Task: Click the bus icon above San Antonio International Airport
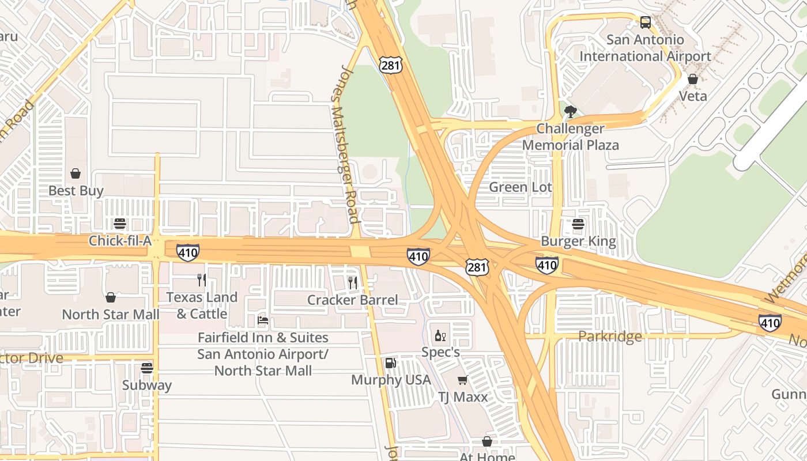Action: coord(646,22)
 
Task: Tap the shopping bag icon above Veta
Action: coord(693,79)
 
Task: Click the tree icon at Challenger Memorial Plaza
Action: coord(571,111)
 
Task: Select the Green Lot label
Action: coord(520,187)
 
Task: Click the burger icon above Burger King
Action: coord(578,224)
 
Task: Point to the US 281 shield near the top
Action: coord(390,65)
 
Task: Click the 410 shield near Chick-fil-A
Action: coord(188,252)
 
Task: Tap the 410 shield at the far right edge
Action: coord(770,323)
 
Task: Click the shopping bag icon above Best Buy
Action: coord(76,173)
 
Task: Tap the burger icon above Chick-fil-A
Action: coord(120,224)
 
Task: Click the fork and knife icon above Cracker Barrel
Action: coord(353,282)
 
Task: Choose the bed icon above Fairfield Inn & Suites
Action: coord(263,320)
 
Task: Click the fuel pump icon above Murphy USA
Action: coord(391,363)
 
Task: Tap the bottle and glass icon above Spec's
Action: coord(440,335)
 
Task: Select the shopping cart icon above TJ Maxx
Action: coord(462,380)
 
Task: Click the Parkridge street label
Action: coord(610,336)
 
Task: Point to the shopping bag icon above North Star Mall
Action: coord(111,297)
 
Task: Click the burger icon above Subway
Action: coord(147,368)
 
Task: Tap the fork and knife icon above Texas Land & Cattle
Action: coord(201,280)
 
